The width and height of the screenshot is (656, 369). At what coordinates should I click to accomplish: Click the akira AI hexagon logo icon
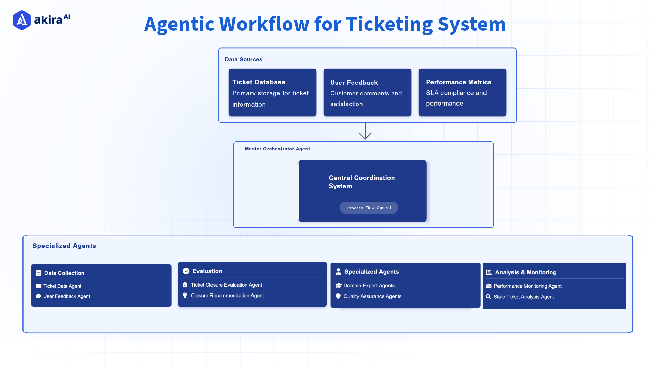click(x=22, y=20)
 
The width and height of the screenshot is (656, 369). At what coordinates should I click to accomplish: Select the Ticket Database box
click(x=272, y=93)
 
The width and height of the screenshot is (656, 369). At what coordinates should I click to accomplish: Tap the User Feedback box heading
click(x=354, y=83)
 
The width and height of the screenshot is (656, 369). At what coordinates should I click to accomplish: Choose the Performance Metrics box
click(x=462, y=93)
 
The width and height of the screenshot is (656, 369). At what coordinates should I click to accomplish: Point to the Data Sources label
click(x=243, y=59)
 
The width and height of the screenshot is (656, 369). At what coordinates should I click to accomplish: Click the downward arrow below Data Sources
click(x=365, y=132)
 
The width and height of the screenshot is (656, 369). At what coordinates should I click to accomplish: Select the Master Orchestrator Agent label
click(x=277, y=149)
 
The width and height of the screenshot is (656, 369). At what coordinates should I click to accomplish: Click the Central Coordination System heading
click(x=361, y=182)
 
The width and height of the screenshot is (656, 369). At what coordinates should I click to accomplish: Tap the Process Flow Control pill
click(x=369, y=208)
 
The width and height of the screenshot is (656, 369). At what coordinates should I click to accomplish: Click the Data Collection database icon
click(x=39, y=273)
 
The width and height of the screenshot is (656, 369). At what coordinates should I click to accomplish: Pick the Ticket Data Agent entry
click(x=62, y=286)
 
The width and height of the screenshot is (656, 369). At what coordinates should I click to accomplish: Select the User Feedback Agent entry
click(x=67, y=296)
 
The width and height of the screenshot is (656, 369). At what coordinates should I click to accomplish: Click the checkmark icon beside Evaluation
click(x=186, y=271)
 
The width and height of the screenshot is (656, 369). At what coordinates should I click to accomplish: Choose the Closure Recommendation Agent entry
click(x=227, y=296)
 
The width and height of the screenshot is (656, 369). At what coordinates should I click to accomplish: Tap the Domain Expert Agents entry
click(x=369, y=286)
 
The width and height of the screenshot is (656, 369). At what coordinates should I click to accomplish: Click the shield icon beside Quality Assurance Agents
click(x=338, y=296)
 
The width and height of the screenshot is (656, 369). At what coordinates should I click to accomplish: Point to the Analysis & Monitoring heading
click(x=525, y=272)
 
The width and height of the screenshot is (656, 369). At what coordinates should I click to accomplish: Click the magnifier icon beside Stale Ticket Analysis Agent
click(x=489, y=297)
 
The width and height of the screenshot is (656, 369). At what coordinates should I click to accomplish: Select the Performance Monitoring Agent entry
click(x=527, y=286)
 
